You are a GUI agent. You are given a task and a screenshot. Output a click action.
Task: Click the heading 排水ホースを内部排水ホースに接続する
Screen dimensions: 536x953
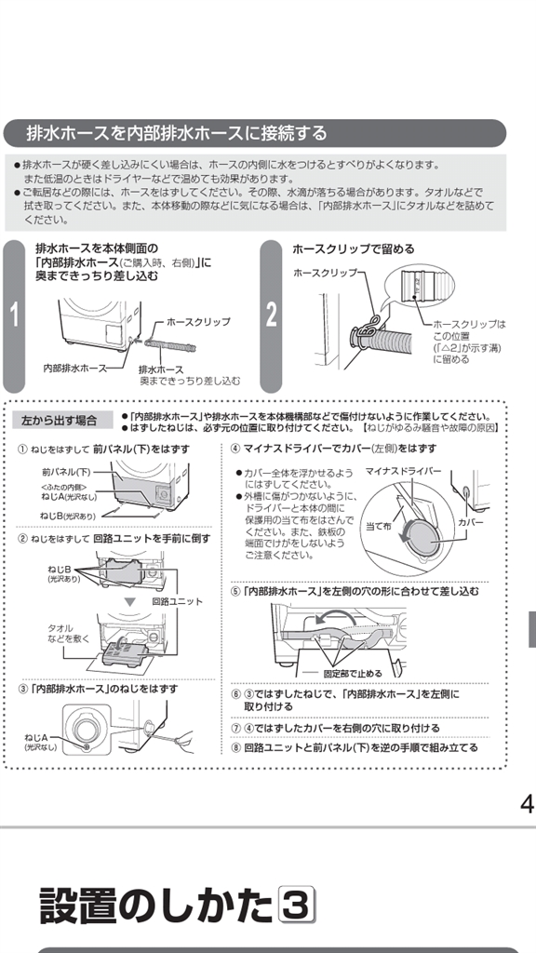point(176,133)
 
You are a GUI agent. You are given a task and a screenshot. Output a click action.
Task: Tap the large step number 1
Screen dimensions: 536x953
point(14,315)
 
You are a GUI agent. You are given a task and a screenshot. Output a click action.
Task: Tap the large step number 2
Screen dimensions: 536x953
point(271,315)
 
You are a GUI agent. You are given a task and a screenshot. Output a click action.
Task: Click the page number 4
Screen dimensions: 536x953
point(527,804)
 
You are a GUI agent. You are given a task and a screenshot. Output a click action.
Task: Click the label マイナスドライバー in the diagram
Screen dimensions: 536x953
point(404,471)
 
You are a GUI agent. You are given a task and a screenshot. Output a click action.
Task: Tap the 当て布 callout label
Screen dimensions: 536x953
point(379,527)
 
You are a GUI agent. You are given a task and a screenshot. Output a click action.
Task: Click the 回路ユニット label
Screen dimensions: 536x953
point(178,601)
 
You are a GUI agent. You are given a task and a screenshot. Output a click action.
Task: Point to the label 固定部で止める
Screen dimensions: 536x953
point(353,674)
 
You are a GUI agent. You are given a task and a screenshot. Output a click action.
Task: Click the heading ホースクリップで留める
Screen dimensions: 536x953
point(353,248)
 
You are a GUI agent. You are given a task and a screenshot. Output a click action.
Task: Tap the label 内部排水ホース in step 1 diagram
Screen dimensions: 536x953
point(74,368)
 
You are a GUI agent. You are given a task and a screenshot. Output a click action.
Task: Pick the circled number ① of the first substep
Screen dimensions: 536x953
point(22,450)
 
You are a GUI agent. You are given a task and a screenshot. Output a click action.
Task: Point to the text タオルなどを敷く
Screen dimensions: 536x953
point(69,633)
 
